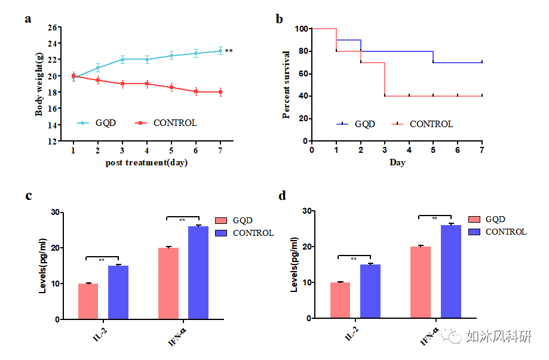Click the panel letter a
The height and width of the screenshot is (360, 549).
click(x=27, y=19)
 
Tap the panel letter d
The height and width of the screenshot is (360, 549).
click(x=282, y=195)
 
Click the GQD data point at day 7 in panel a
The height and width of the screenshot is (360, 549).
click(x=220, y=51)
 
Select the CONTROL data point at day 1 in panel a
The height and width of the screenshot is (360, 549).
click(x=73, y=76)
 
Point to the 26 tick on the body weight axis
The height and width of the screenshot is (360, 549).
click(x=54, y=27)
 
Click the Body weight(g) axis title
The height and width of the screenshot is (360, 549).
click(x=39, y=84)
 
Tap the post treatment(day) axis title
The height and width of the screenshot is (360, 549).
click(x=146, y=162)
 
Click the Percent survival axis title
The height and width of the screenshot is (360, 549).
click(x=287, y=84)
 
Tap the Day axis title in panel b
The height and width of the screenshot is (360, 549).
click(x=397, y=162)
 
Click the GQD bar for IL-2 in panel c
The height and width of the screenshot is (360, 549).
click(x=88, y=301)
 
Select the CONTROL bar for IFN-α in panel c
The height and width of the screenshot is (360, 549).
click(x=198, y=272)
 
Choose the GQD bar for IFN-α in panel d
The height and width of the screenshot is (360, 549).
click(x=421, y=282)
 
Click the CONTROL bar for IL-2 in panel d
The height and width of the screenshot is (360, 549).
click(x=370, y=291)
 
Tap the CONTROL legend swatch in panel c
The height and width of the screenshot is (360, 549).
click(x=222, y=233)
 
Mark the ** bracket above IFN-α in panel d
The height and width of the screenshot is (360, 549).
click(x=435, y=216)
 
